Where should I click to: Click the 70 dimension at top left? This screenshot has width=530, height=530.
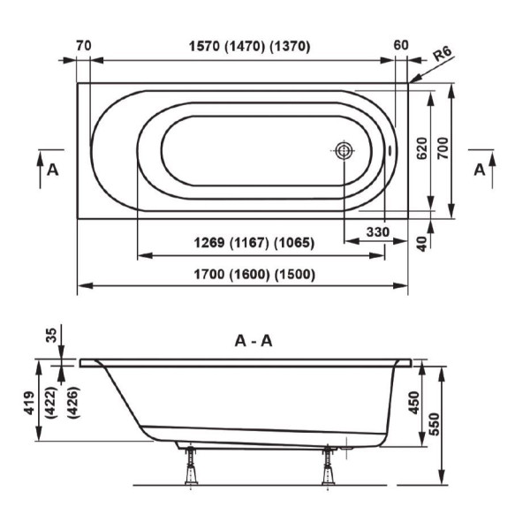[85, 46]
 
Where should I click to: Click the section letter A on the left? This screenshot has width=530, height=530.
[53, 170]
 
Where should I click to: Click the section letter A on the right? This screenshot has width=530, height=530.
[480, 170]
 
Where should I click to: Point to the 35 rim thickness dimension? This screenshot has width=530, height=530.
[50, 335]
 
